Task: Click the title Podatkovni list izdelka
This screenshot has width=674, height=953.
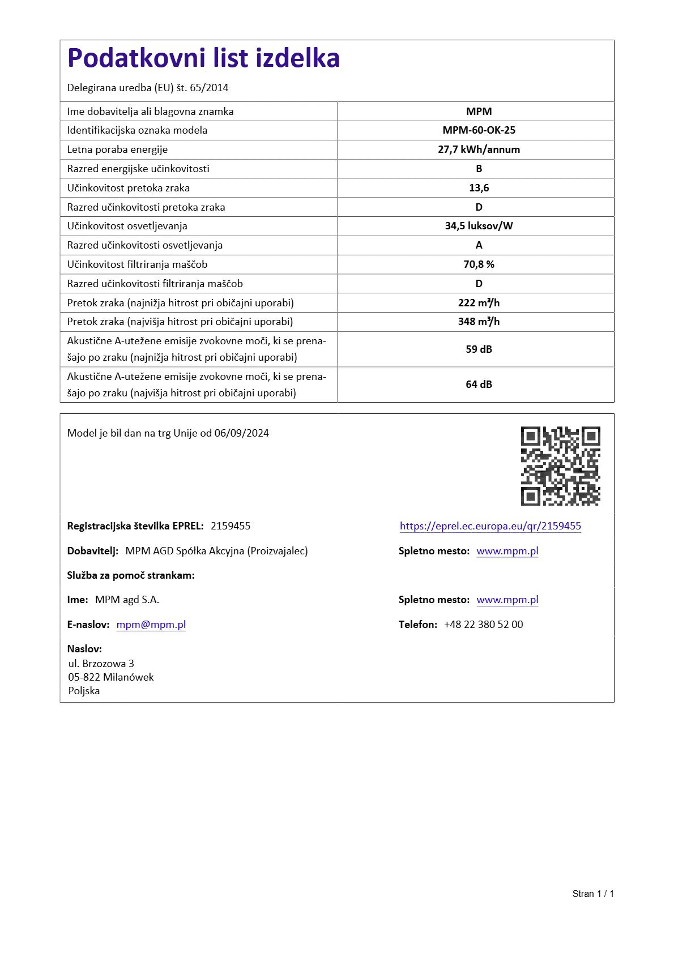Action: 203,58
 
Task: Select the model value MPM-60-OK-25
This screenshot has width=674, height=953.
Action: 479,130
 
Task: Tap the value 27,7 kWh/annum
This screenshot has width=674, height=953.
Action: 479,149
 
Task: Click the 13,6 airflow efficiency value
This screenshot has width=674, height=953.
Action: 479,188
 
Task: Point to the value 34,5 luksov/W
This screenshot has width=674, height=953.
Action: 479,226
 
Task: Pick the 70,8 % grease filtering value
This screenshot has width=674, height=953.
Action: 479,264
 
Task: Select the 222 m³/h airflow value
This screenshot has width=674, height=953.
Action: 479,303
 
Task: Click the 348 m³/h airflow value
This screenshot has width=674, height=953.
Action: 479,322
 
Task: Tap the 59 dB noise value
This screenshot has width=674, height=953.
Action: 479,349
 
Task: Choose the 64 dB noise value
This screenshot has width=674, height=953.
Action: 479,384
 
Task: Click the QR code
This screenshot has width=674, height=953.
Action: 560,466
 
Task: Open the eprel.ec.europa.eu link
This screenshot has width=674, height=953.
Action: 490,526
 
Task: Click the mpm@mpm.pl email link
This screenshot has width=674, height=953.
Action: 151,625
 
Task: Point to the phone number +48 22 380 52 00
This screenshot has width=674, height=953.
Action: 483,625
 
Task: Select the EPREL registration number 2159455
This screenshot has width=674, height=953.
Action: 231,526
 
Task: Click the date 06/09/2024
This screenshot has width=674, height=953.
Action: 241,433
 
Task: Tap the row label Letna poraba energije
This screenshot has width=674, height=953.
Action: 117,149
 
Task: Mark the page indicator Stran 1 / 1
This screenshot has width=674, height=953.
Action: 593,894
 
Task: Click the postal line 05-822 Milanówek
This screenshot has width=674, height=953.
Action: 111,677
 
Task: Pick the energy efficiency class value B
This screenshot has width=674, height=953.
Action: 479,169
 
